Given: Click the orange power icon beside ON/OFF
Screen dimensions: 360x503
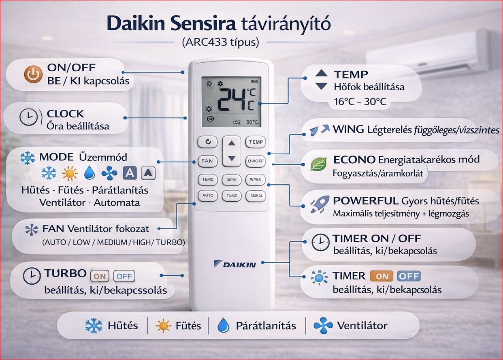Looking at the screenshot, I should pyautogui.click(x=33, y=75).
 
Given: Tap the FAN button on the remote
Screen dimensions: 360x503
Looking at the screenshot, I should pyautogui.click(x=207, y=161).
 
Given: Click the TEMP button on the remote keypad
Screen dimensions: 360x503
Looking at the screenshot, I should pyautogui.click(x=256, y=142).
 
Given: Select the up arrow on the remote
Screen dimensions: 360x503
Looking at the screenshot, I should pyautogui.click(x=231, y=143).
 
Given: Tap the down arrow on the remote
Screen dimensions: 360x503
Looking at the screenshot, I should pyautogui.click(x=231, y=158).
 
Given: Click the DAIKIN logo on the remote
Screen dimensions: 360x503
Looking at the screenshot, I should pyautogui.click(x=234, y=264).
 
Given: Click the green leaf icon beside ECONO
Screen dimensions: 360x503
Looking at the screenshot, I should pyautogui.click(x=318, y=164).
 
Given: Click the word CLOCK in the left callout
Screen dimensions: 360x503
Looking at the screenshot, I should pyautogui.click(x=65, y=114).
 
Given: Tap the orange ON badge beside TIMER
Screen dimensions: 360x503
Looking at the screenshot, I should pyautogui.click(x=382, y=277).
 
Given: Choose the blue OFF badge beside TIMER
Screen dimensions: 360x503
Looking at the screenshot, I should pyautogui.click(x=409, y=277).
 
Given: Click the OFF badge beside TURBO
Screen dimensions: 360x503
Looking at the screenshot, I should pyautogui.click(x=124, y=276).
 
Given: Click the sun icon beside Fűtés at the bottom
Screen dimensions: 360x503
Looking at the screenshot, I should pyautogui.click(x=164, y=326).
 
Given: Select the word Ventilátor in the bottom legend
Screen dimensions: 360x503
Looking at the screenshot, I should pyautogui.click(x=362, y=325).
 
